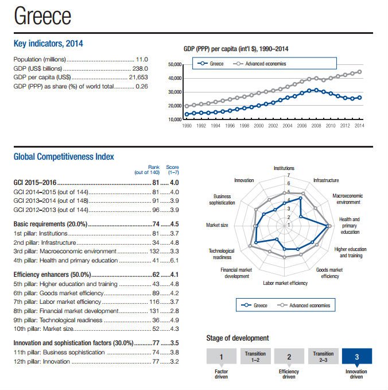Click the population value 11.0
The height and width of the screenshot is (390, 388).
click(142, 59)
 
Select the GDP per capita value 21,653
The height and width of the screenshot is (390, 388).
click(139, 77)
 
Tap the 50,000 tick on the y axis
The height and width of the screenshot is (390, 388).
click(174, 64)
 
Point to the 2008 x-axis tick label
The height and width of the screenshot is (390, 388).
click(316, 125)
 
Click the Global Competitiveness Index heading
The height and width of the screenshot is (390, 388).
click(64, 156)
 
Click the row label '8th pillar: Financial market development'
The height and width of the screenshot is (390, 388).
click(61, 311)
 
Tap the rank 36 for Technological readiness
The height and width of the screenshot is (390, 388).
click(155, 320)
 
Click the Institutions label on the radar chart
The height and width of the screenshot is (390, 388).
click(284, 168)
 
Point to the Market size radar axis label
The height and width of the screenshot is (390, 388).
click(217, 225)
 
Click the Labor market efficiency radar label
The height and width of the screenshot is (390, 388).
click(285, 283)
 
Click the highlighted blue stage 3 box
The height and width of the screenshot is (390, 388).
click(356, 357)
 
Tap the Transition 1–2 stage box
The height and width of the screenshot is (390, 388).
click(254, 356)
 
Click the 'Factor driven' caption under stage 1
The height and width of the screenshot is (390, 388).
click(221, 374)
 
